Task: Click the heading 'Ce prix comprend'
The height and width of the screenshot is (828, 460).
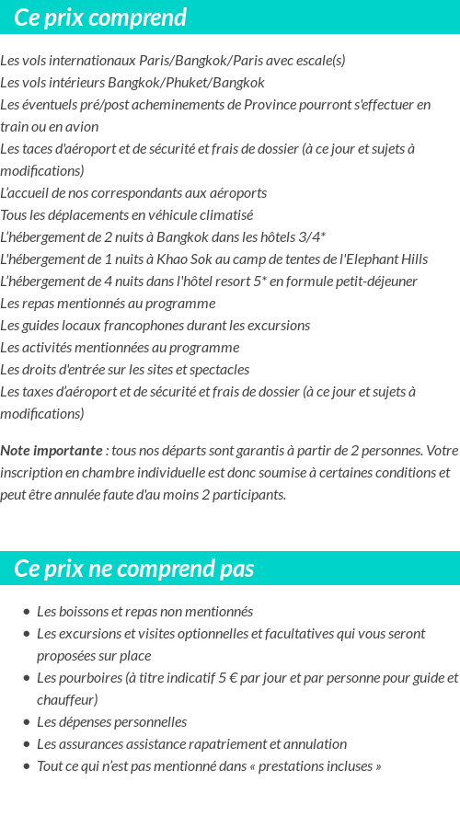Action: pyautogui.click(x=100, y=17)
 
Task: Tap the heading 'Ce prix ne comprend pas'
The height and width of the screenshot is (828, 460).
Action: pyautogui.click(x=134, y=569)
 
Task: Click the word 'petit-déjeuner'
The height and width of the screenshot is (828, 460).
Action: pyautogui.click(x=374, y=282)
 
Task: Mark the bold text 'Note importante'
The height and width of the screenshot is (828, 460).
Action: pyautogui.click(x=52, y=451)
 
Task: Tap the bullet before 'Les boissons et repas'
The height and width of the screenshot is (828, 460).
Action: pyautogui.click(x=26, y=612)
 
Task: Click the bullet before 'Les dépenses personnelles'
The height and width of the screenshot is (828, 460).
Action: pyautogui.click(x=26, y=722)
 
